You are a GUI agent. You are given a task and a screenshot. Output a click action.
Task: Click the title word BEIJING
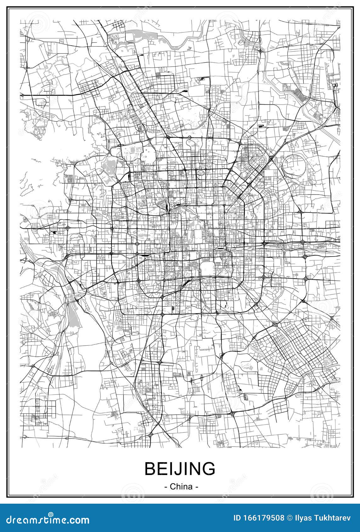click(180, 469)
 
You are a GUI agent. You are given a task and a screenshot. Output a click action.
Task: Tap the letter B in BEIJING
click(150, 469)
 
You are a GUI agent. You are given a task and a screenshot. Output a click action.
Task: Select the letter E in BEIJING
click(162, 469)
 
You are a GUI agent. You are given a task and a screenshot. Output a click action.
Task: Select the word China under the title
click(181, 486)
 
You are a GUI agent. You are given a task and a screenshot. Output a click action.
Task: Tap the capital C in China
click(173, 486)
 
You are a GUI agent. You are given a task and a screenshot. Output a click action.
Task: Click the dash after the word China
click(197, 487)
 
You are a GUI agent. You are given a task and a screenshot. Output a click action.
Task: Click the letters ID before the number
click(237, 518)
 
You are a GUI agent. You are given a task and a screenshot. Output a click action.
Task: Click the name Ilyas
click(301, 518)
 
